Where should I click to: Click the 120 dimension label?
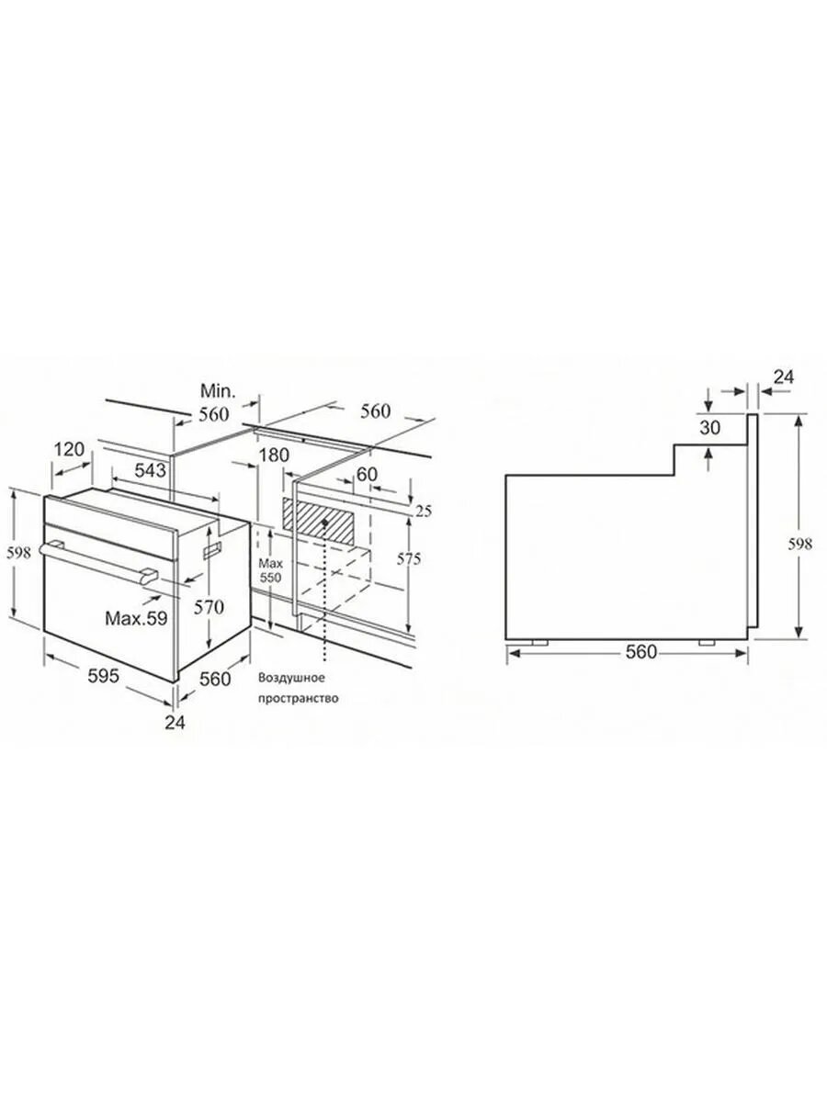[69, 449]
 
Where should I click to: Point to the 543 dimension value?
[150, 470]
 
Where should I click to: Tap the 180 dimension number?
[275, 455]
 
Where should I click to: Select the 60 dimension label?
[367, 474]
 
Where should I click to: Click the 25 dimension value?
[424, 512]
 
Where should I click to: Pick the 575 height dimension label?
[409, 558]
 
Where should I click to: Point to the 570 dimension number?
[209, 608]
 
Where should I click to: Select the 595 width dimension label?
[104, 676]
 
